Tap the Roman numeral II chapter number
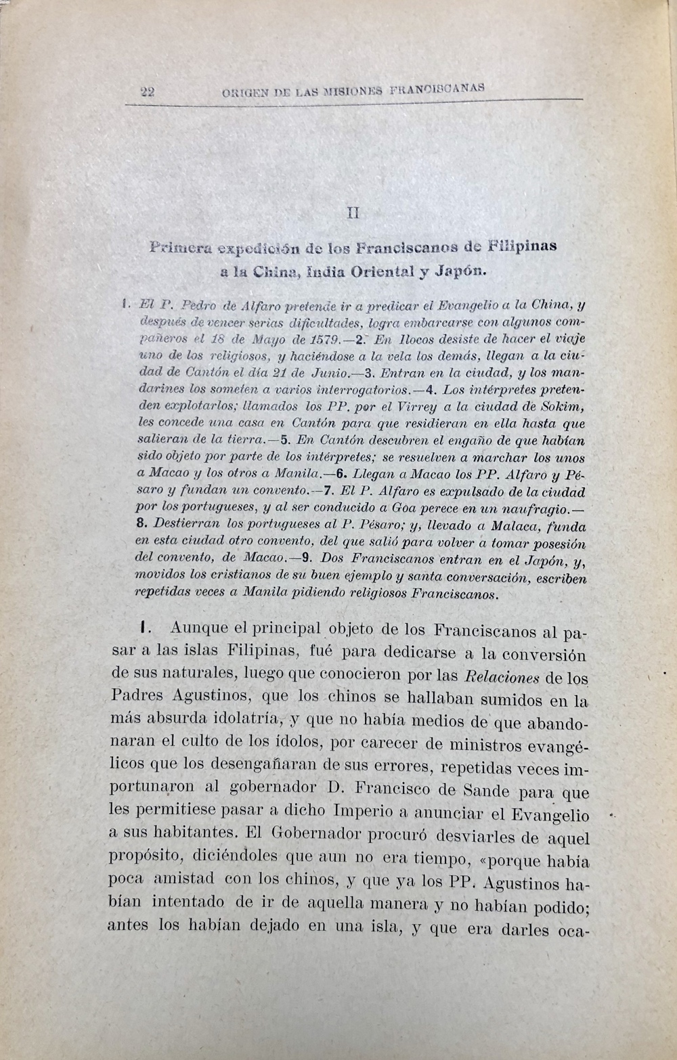tap(353, 213)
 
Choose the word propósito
tap(146, 859)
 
